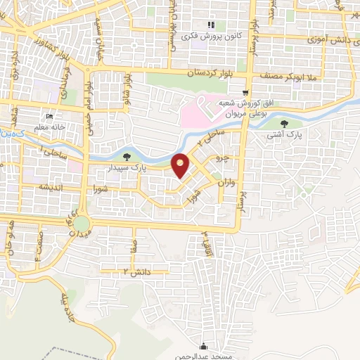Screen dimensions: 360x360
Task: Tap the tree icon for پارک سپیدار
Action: tap(127, 157)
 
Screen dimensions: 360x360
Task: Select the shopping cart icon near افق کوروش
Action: tap(245, 93)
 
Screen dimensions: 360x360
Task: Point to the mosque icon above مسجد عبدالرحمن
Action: tap(204, 346)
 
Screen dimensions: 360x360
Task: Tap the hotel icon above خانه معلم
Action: tap(49, 117)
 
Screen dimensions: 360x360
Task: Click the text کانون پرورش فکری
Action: tap(210, 35)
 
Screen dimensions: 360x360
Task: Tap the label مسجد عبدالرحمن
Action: tap(204, 356)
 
